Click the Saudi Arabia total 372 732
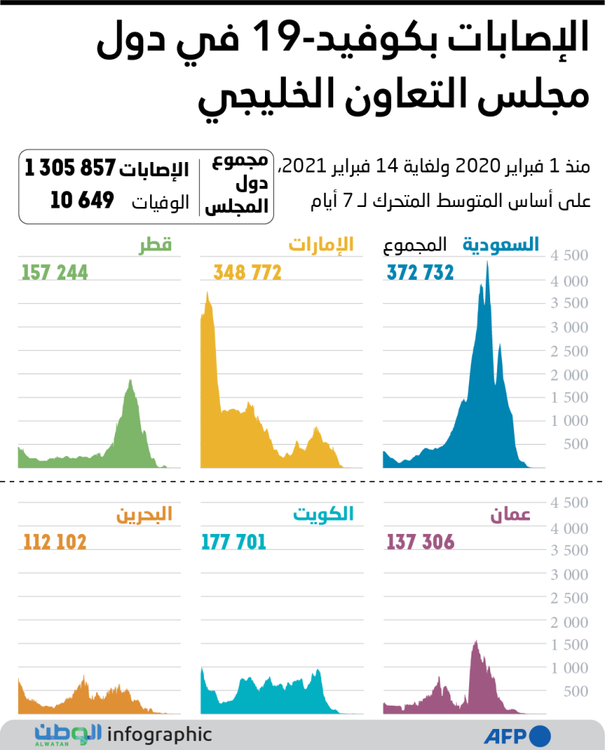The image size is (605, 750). point(420,273)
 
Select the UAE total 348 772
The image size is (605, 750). point(247,273)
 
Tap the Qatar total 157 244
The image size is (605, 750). point(55,273)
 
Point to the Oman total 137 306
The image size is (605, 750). point(420,542)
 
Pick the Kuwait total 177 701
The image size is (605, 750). point(233,542)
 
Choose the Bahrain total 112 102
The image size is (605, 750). point(55,542)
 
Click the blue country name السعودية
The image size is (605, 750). point(501,244)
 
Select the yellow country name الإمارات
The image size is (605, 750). point(321,244)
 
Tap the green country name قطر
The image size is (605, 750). point(155,244)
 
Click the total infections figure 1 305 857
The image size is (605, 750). point(70,169)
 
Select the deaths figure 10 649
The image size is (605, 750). point(82,200)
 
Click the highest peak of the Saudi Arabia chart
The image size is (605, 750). point(488,263)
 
